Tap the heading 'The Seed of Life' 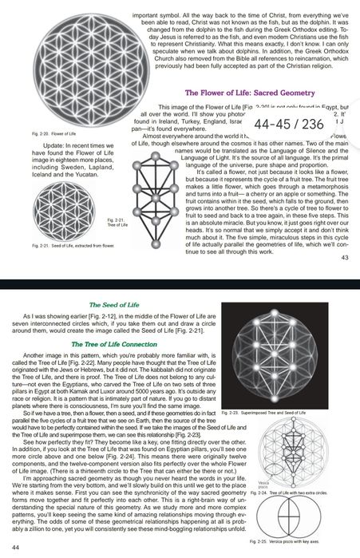click(x=116, y=306)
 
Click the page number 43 click(x=345, y=257)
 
